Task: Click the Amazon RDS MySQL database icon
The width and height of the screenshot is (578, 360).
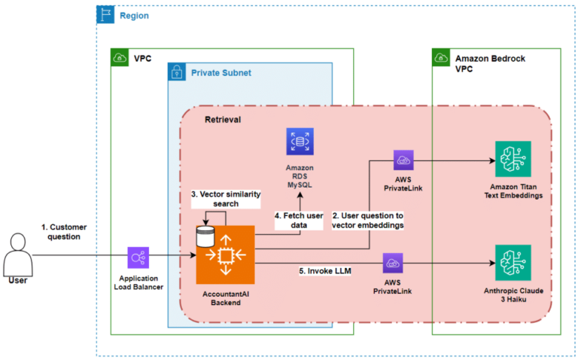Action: click(x=300, y=142)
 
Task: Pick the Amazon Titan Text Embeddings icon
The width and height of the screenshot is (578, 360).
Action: click(x=513, y=159)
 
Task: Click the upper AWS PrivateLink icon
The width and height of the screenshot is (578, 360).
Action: click(x=403, y=160)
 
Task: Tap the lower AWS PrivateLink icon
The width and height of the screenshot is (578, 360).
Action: click(x=392, y=264)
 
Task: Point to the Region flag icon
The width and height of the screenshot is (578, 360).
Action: click(x=105, y=14)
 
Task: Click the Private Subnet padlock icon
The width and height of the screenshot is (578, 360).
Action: click(x=177, y=73)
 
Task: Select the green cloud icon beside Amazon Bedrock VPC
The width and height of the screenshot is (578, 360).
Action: click(x=442, y=57)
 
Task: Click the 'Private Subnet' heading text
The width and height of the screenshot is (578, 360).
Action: click(x=222, y=73)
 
